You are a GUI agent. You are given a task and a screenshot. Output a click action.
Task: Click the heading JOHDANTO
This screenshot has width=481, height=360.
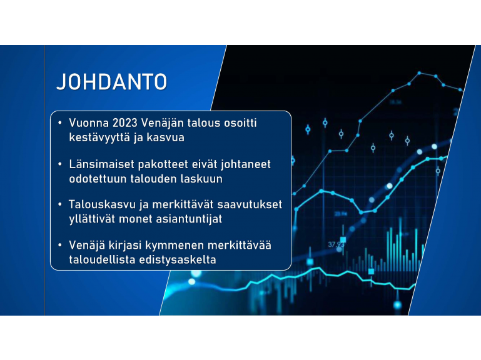[112, 82]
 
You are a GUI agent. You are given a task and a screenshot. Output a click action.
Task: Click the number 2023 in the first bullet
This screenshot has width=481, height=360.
[125, 122]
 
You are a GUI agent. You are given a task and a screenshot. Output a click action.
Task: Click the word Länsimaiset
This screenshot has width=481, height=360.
[101, 164]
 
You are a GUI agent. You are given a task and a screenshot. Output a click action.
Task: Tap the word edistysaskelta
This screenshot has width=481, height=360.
[178, 260]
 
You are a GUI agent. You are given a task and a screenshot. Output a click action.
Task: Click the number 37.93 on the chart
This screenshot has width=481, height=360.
[336, 244]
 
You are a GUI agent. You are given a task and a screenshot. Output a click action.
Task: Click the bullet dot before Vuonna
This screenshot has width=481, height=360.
[60, 123]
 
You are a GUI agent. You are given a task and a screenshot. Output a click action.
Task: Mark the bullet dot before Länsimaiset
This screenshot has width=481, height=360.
[60, 164]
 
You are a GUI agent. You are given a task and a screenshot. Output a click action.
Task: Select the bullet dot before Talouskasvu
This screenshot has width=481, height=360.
[60, 204]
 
